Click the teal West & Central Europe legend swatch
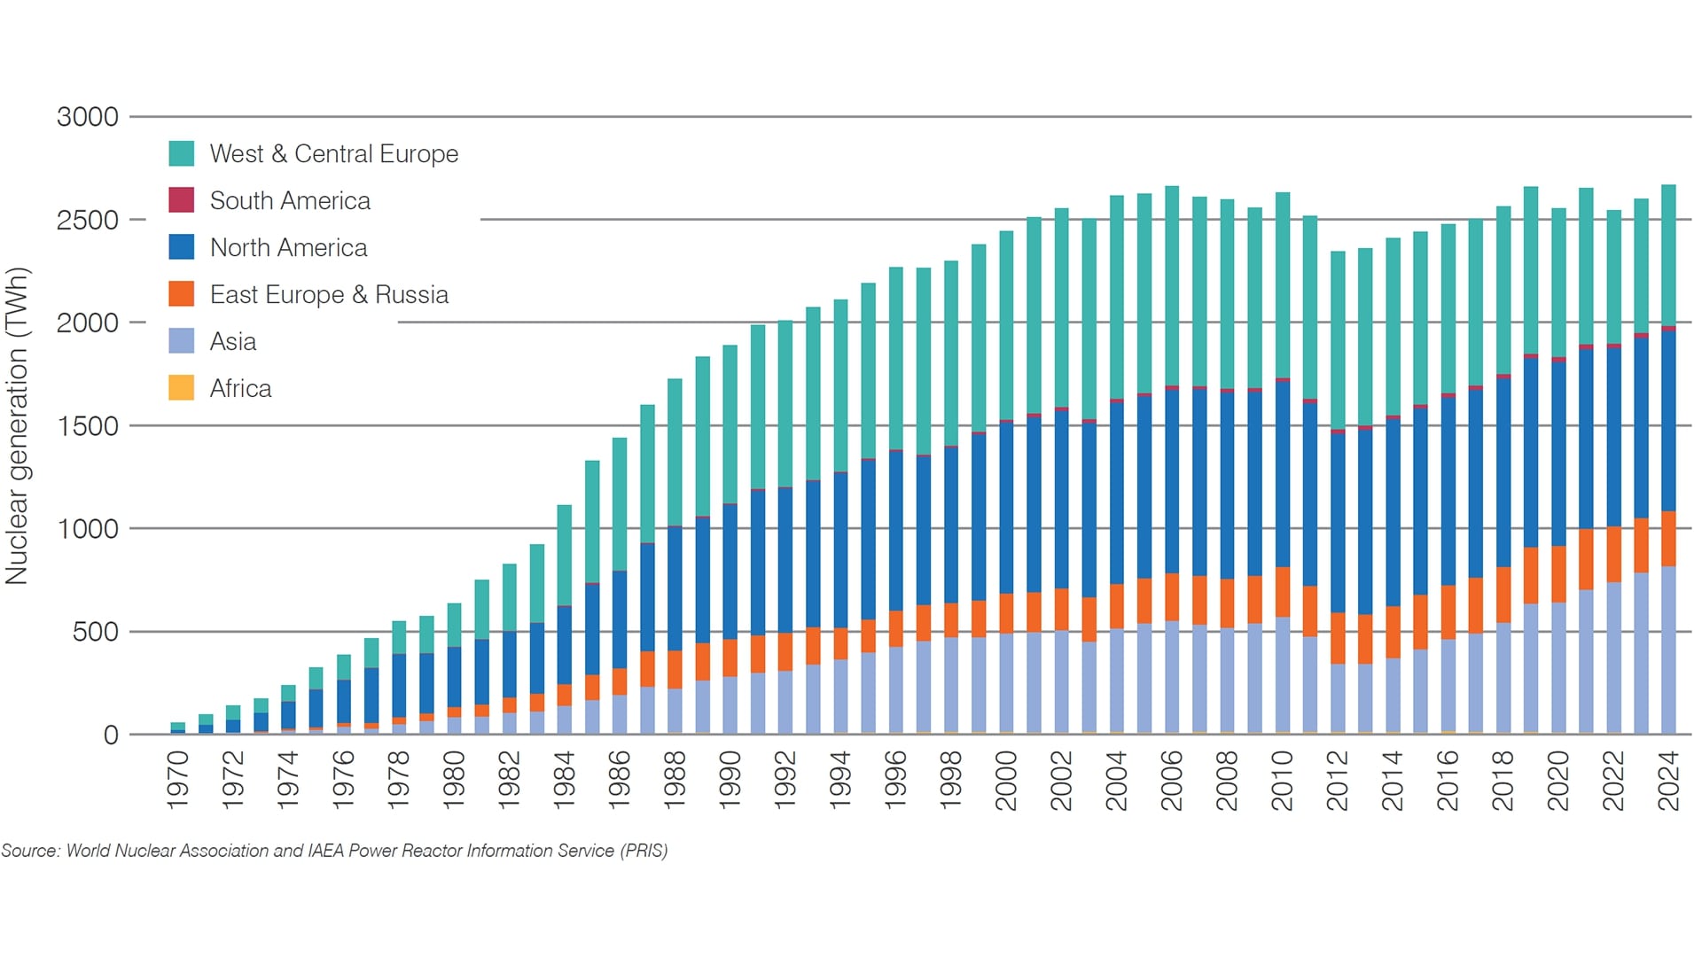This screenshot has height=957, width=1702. coord(181,153)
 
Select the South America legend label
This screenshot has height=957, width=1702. coord(290,201)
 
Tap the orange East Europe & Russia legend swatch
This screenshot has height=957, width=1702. coord(181,294)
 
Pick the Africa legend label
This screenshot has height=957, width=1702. coord(240,389)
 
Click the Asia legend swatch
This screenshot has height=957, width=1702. coord(181,341)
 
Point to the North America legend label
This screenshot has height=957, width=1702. coord(288,248)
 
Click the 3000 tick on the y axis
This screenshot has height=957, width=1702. coord(87,117)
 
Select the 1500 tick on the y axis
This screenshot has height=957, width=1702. coord(87,426)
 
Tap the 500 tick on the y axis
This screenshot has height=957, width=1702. coord(95,633)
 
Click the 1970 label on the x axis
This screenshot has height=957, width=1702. coord(178,780)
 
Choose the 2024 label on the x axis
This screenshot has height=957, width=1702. coord(1668,780)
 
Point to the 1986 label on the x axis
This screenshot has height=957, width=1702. coord(620,780)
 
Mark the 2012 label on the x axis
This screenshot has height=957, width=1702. coord(1337,780)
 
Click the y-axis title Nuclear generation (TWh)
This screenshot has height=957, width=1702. coord(18,425)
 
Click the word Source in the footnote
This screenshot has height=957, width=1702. coord(29,851)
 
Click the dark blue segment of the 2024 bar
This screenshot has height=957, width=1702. coord(1668,421)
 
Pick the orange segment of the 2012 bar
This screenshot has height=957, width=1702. coord(1338,638)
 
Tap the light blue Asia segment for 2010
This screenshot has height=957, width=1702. coord(1282,674)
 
